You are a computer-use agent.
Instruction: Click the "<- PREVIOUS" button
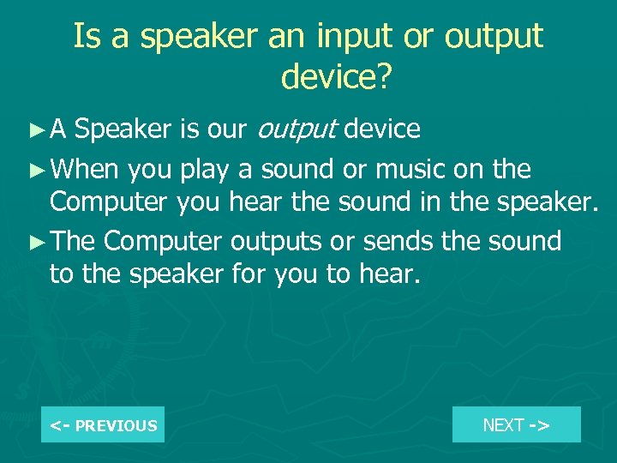point(103,425)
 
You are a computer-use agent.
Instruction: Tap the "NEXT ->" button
point(516,424)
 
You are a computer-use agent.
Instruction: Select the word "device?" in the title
point(336,77)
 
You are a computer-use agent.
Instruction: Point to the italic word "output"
point(297,129)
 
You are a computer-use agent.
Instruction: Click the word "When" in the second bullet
point(84,169)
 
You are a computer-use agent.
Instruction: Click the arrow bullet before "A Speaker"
point(34,130)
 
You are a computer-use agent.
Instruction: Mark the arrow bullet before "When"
point(34,170)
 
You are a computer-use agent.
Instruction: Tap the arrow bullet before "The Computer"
point(34,242)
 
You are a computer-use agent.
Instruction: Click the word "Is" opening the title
point(84,36)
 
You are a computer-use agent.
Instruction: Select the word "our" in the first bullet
point(228,129)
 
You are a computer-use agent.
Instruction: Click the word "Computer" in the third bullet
point(164,241)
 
